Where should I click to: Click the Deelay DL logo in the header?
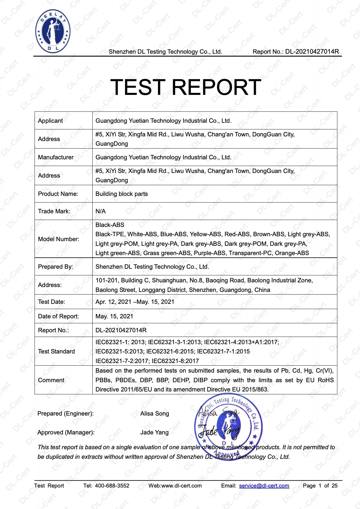coord(53,31)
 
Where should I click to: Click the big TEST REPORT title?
coord(186,87)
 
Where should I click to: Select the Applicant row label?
coord(50,121)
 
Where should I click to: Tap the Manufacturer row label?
coord(56,157)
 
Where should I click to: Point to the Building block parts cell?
coord(122,194)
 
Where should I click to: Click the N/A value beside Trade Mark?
coord(100,211)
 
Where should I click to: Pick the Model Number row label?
coord(59,239)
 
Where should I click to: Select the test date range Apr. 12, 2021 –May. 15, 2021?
coord(135,302)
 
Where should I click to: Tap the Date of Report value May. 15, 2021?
coord(114,316)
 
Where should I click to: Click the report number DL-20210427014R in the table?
coord(121,330)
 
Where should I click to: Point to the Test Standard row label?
coord(56,351)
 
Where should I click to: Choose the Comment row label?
coord(51,380)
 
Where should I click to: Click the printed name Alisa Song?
coord(154,414)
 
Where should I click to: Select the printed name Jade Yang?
coord(154,432)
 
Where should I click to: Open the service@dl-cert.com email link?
coord(264,486)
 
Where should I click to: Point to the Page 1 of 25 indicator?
coord(320,486)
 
